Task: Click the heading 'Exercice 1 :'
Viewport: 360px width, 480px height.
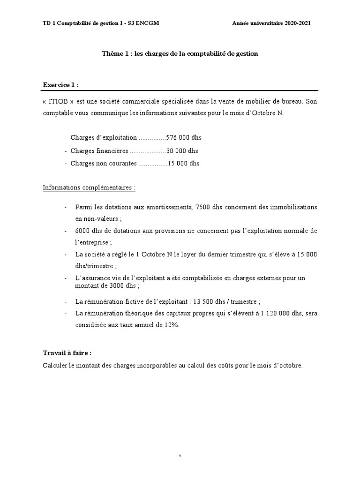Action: [x=61, y=85]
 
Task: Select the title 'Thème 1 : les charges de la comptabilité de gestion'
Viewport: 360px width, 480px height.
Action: [x=180, y=54]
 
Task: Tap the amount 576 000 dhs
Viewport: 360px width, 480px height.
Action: [x=184, y=138]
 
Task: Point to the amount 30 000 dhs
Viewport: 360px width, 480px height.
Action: [x=182, y=151]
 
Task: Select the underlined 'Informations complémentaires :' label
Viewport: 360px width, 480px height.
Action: [x=89, y=187]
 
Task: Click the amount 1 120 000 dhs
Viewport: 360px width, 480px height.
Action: [x=270, y=314]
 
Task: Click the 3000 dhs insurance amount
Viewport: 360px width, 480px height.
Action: [x=121, y=285]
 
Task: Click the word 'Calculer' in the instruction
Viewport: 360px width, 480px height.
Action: [x=55, y=366]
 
